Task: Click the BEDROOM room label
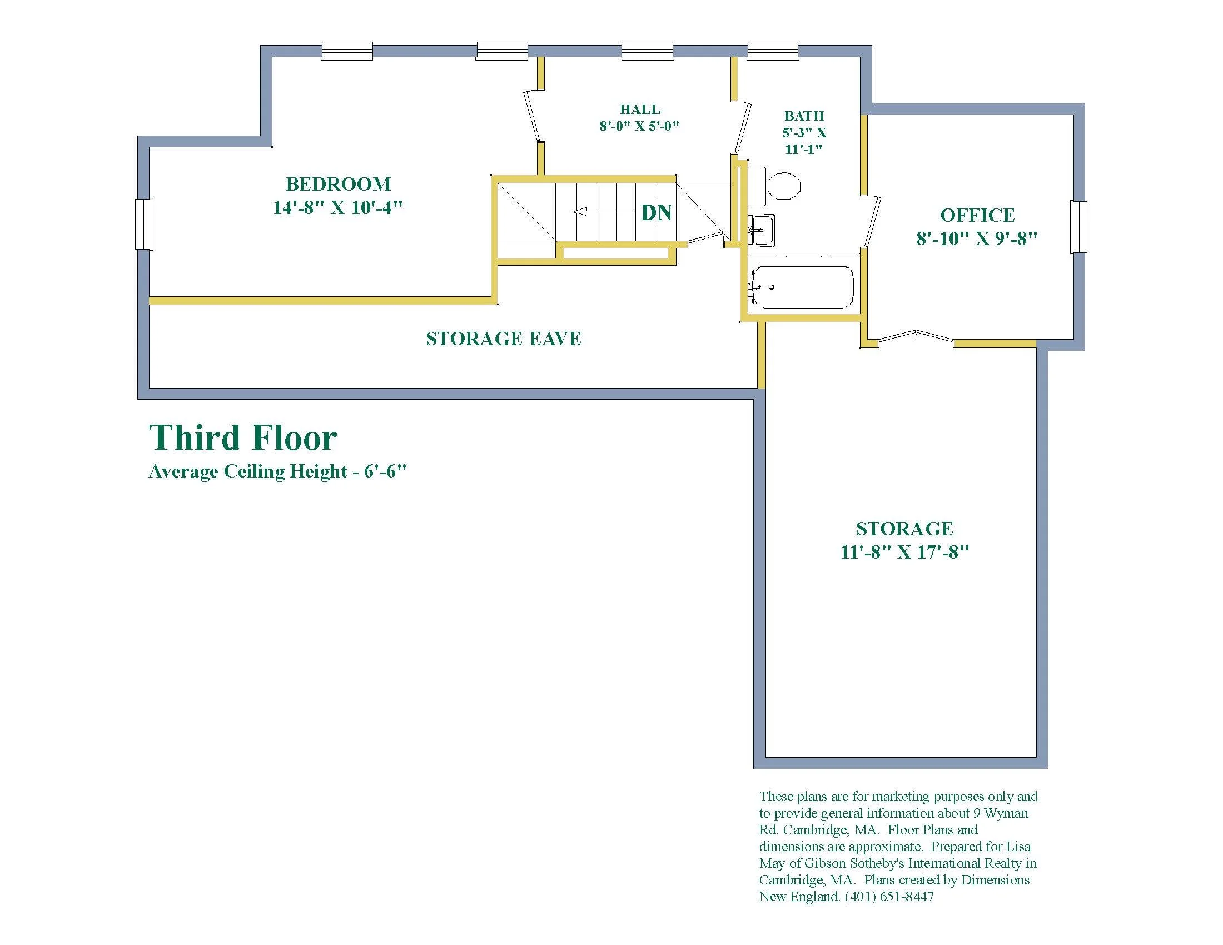point(338,184)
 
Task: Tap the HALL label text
point(640,109)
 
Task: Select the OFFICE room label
point(977,215)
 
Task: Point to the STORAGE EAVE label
point(504,339)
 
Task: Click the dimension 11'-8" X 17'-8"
point(904,552)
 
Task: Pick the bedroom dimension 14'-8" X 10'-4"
point(337,208)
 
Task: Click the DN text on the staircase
point(657,213)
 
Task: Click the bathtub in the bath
point(802,287)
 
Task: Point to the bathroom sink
point(761,230)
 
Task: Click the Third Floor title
point(243,437)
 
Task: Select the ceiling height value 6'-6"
point(385,471)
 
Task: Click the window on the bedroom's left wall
point(144,224)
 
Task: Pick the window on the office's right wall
point(1079,227)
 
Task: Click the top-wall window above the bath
point(773,51)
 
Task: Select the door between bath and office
point(872,221)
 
